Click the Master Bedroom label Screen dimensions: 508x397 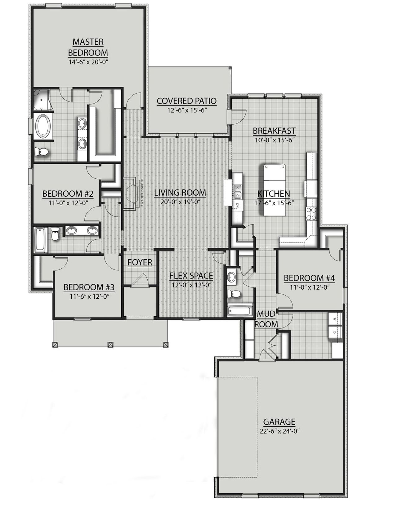(x=88, y=47)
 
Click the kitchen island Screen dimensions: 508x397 (x=275, y=190)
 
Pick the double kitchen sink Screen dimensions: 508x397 (x=238, y=191)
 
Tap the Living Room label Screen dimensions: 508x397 (x=180, y=193)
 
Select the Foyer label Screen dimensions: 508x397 (x=140, y=262)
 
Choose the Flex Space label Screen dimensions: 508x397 (x=191, y=275)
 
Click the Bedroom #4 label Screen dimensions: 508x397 (x=309, y=278)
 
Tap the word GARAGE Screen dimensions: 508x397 (x=279, y=422)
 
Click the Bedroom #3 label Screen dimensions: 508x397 (x=89, y=287)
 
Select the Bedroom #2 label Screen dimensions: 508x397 (x=68, y=194)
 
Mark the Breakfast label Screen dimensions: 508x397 (x=274, y=131)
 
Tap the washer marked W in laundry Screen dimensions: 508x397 (x=334, y=319)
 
